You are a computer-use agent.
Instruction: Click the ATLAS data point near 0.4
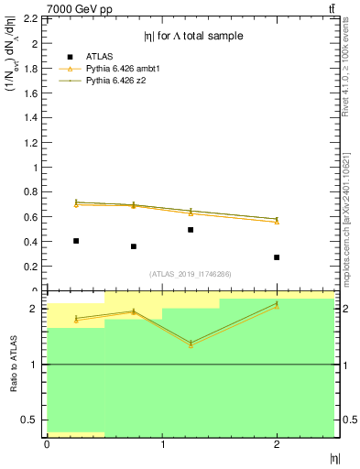click(x=76, y=241)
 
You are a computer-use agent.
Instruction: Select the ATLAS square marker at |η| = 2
click(x=277, y=257)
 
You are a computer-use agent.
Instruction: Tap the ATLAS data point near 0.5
click(x=191, y=230)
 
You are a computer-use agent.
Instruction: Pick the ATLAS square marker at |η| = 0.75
click(x=134, y=246)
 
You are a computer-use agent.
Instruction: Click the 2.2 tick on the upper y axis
click(x=31, y=18)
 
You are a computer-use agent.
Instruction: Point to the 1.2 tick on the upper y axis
click(x=31, y=142)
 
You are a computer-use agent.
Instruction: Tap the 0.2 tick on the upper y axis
click(x=31, y=267)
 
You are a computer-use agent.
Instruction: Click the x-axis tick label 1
click(x=162, y=444)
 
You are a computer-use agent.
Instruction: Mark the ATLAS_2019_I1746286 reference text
click(x=190, y=274)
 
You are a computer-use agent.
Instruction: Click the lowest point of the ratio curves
click(x=191, y=344)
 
